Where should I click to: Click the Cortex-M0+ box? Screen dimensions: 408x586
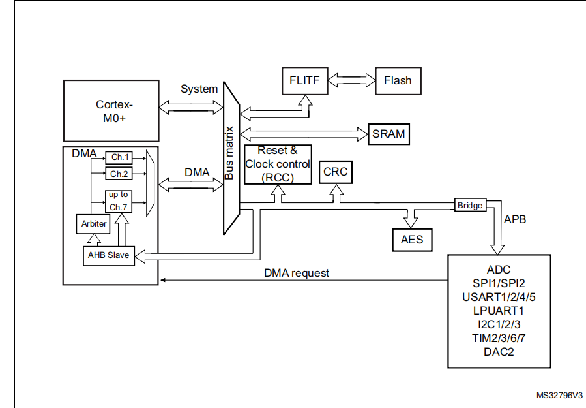click(x=111, y=110)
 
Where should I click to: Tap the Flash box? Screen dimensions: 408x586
click(x=398, y=80)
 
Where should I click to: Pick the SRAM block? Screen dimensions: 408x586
click(x=389, y=134)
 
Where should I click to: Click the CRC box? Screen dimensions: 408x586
click(x=336, y=173)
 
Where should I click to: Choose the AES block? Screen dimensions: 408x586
click(x=412, y=239)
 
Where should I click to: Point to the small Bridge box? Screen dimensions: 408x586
click(x=470, y=205)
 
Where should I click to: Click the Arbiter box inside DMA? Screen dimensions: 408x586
click(x=94, y=223)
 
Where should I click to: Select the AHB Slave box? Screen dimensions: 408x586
click(x=109, y=255)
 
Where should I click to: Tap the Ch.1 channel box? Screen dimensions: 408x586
click(x=118, y=157)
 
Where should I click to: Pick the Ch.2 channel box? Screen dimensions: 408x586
click(x=118, y=174)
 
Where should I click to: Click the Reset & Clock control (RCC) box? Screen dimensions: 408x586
click(x=278, y=164)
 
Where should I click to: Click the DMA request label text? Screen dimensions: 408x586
click(x=297, y=273)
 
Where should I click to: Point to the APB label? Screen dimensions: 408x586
click(x=515, y=220)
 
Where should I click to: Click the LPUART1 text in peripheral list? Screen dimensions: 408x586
click(x=499, y=310)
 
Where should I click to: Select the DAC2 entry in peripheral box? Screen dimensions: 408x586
click(x=499, y=351)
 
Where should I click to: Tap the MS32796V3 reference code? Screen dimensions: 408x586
click(x=560, y=396)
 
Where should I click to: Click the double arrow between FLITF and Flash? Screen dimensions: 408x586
click(x=352, y=80)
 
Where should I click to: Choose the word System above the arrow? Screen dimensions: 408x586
click(x=199, y=89)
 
